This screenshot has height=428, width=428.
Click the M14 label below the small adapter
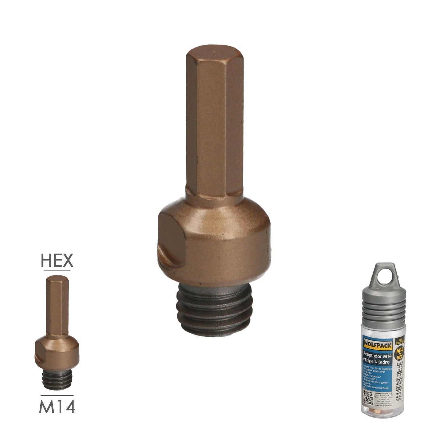(x=57, y=407)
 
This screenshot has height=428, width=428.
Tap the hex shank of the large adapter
(x=214, y=124)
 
